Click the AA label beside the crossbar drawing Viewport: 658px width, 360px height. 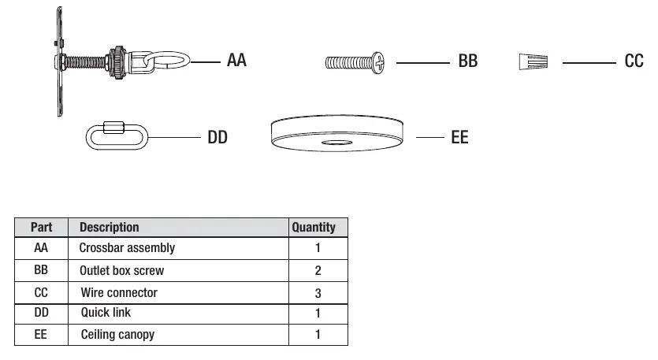(236, 60)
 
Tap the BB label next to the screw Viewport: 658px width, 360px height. (468, 61)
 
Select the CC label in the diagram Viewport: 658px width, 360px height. (634, 61)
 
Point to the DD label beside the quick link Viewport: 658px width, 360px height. (217, 137)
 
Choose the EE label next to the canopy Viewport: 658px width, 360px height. (459, 137)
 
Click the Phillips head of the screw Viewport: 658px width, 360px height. (378, 63)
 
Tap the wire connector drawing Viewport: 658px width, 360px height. (533, 62)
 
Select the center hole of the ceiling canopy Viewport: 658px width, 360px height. (337, 143)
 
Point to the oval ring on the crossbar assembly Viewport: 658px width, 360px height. (167, 52)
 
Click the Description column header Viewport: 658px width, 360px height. (109, 228)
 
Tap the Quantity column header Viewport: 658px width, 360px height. (314, 228)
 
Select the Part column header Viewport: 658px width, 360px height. (41, 228)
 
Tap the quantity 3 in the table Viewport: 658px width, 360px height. (318, 293)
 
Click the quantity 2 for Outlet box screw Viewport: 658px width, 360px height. (318, 271)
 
